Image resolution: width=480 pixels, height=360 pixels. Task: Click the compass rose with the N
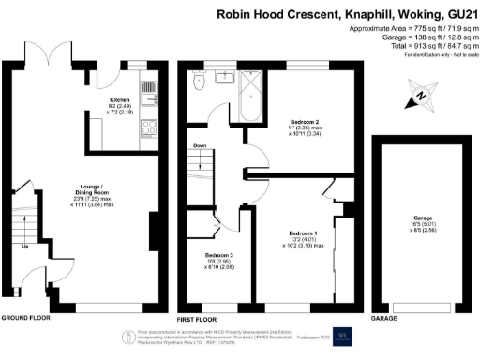pyautogui.click(x=421, y=95)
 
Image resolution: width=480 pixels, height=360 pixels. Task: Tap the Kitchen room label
pyautogui.click(x=119, y=98)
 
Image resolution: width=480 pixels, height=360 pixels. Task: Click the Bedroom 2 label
pyautogui.click(x=305, y=123)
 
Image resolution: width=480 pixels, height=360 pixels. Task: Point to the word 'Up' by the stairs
pyautogui.click(x=23, y=247)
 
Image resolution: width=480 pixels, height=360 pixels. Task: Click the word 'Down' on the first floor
pyautogui.click(x=199, y=146)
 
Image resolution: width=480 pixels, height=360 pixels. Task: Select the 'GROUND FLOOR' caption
pyautogui.click(x=25, y=318)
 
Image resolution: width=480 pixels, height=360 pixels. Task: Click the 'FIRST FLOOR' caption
pyautogui.click(x=198, y=318)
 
